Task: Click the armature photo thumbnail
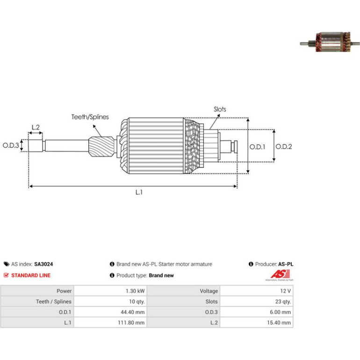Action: coord(330,42)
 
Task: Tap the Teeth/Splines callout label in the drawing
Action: coord(90,117)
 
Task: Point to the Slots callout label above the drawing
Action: coord(220,109)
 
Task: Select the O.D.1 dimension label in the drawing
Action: coord(257,147)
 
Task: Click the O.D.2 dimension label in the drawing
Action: coord(283,147)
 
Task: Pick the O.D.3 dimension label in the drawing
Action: coord(11,145)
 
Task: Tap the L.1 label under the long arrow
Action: coord(139,192)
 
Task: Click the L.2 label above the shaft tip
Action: coord(36,127)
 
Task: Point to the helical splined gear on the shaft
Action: coord(101,147)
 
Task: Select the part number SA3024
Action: coord(43,264)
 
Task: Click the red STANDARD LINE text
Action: coord(31,275)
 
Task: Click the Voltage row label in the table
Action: coord(209,291)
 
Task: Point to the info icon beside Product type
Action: coord(112,275)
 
